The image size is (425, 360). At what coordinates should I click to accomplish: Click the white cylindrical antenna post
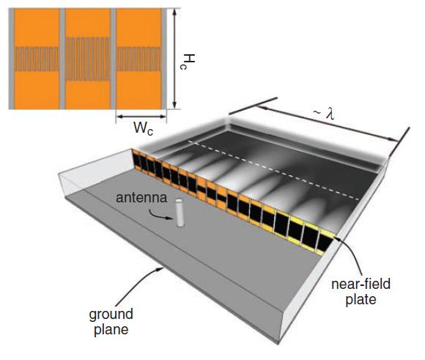click(180, 213)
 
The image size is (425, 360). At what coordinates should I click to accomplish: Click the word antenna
click(141, 197)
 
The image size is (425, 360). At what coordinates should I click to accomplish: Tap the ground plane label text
click(111, 322)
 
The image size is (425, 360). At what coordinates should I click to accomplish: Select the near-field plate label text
click(361, 292)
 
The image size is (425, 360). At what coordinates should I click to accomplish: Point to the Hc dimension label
click(188, 62)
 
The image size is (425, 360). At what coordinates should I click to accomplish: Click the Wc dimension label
click(143, 128)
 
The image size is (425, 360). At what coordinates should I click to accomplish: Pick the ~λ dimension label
click(324, 114)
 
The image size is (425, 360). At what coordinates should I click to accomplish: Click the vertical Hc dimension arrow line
click(174, 59)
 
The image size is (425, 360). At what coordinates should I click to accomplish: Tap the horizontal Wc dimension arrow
click(141, 117)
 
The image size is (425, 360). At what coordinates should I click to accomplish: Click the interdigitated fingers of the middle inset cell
click(88, 59)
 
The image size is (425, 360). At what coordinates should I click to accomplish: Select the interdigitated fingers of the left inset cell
click(37, 59)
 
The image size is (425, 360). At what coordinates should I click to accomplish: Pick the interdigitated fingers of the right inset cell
click(138, 59)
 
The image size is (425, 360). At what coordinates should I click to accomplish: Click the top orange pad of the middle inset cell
click(88, 23)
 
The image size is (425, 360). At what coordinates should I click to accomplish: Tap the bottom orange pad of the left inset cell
click(37, 90)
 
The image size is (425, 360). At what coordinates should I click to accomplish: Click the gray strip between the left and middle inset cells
click(62, 59)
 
